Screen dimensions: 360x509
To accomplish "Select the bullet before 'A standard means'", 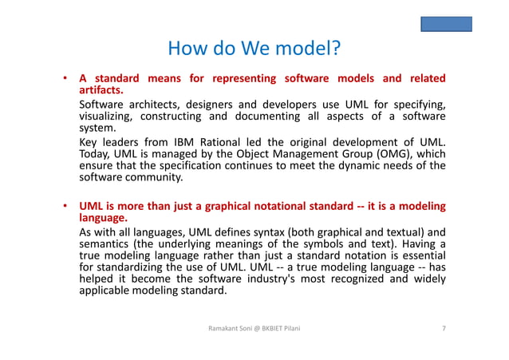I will pyautogui.click(x=63, y=79).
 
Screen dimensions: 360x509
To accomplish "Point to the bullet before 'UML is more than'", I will pyautogui.click(x=63, y=207).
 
